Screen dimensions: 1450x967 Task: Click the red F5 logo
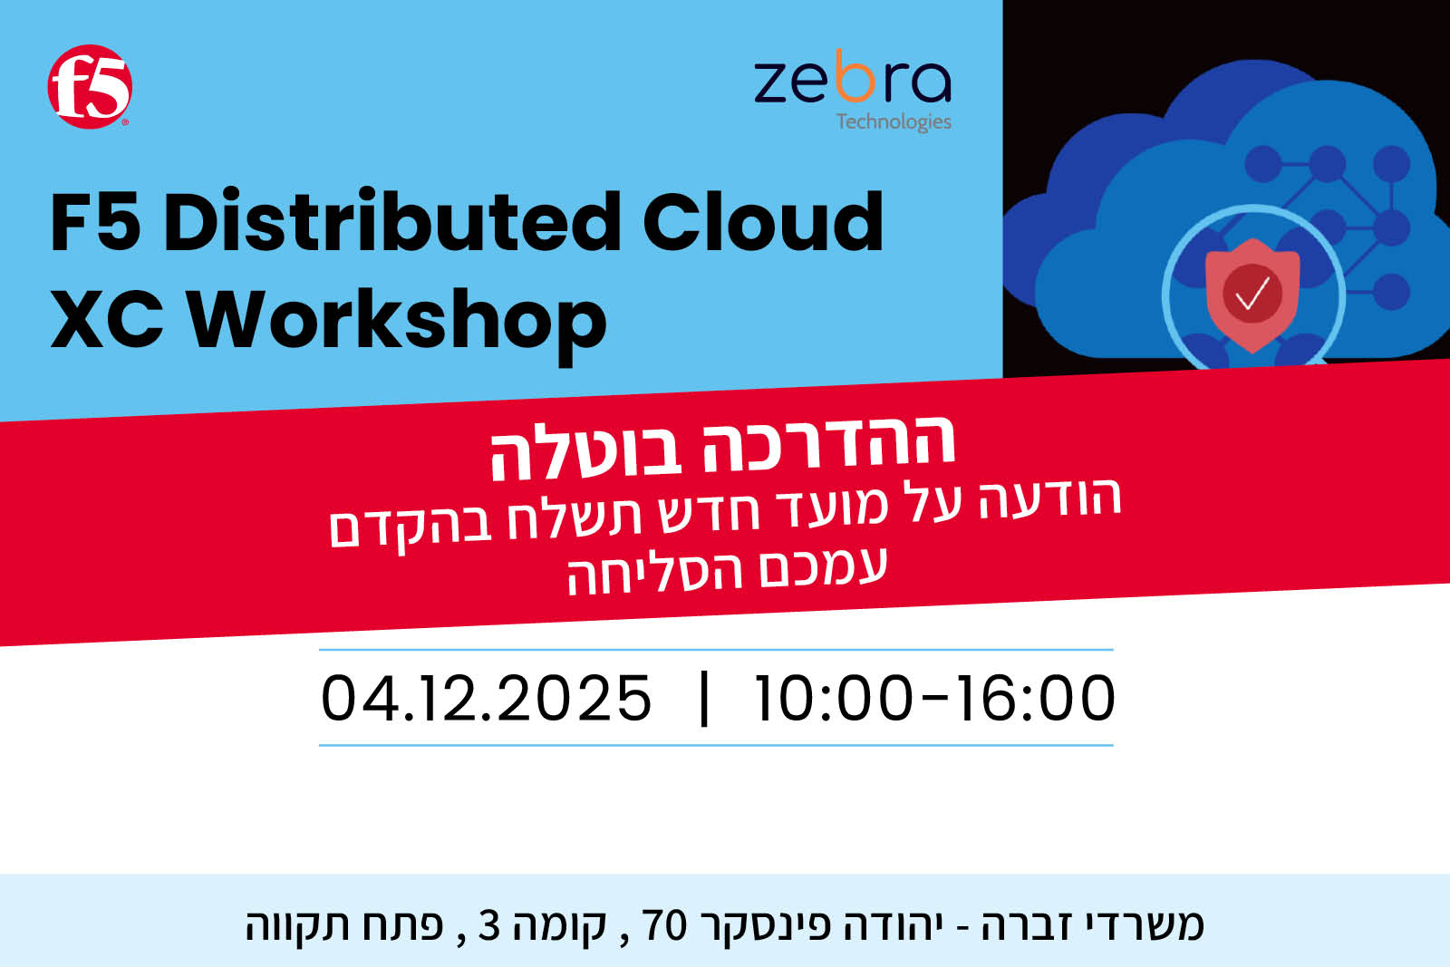90,87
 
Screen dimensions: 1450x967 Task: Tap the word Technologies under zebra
894,121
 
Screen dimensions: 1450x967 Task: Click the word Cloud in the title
763,221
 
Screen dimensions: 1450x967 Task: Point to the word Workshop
397,321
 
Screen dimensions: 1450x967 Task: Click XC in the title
107,319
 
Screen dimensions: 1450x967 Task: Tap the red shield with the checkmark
1252,295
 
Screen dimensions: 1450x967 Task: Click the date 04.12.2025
486,698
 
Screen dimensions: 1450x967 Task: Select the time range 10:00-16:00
935,698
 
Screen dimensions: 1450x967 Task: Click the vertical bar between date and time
704,699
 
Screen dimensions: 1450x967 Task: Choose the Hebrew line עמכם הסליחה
727,571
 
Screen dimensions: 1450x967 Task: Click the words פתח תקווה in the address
343,925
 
